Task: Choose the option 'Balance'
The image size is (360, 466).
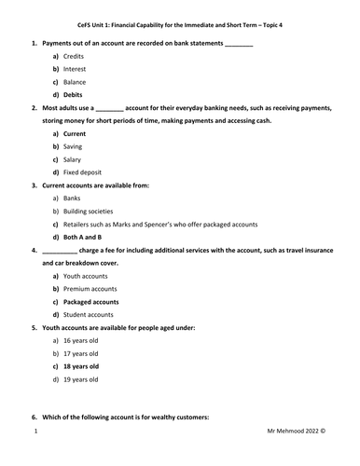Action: pos(76,82)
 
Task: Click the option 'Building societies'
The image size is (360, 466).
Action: pos(90,212)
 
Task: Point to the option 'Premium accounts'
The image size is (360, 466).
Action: pos(91,289)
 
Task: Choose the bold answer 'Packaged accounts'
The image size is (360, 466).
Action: pos(91,302)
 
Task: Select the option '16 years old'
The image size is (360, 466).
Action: pos(81,341)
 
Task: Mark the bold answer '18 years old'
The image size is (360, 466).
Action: pos(81,366)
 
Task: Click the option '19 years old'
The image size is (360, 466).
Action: pos(81,379)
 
